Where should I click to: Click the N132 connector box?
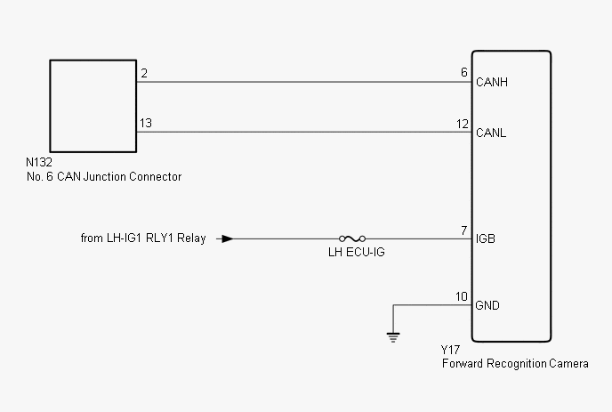point(93,106)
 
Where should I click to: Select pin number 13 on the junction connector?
point(145,123)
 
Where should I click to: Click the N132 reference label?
point(41,164)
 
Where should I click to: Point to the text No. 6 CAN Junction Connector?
point(104,176)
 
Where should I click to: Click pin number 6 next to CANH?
point(464,72)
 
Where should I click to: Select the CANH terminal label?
point(492,83)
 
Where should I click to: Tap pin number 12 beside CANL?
point(463,123)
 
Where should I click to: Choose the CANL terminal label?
point(491,133)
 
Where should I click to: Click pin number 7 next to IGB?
point(464,230)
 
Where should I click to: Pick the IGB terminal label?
point(486,239)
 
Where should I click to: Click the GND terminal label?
point(488,305)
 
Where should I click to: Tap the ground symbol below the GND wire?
point(392,336)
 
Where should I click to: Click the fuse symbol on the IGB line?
point(351,238)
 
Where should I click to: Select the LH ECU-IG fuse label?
point(351,254)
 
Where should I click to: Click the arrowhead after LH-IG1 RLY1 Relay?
point(228,238)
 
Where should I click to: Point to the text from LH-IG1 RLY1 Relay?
point(142,238)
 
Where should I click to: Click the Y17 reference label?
point(450,351)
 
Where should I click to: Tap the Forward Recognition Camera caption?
point(514,364)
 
